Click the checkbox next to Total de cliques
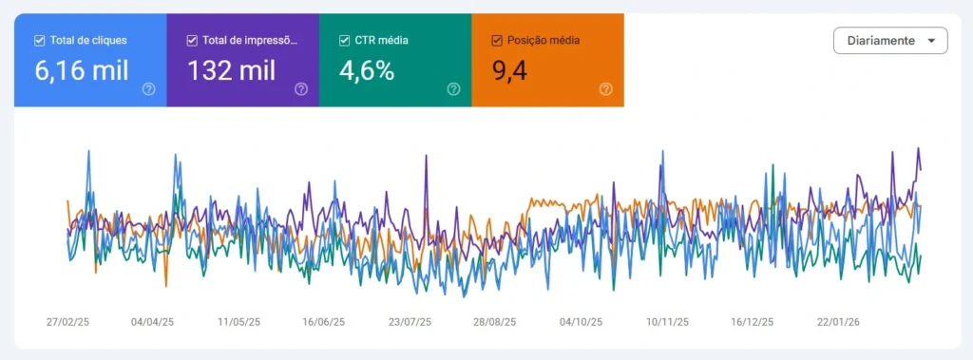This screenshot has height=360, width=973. tap(39, 41)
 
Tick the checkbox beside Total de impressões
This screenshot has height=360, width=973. tap(192, 41)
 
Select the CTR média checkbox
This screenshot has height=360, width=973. tap(345, 41)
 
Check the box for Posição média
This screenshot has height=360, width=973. tap(497, 41)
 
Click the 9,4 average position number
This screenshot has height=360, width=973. tap(509, 70)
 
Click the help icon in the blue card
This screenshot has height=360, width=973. tap(148, 89)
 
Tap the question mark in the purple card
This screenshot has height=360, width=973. tap(301, 89)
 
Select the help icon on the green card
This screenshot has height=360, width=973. tap(453, 89)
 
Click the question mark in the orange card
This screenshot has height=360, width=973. tap(606, 89)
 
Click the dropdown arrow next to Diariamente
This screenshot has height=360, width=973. tap(930, 41)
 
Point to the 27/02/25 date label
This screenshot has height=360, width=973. tap(67, 322)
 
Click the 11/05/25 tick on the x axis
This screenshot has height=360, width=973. tap(238, 322)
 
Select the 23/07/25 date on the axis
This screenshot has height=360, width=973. tap(410, 322)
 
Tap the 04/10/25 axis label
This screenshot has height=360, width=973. tap(581, 322)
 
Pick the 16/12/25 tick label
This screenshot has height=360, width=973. tap(752, 322)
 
